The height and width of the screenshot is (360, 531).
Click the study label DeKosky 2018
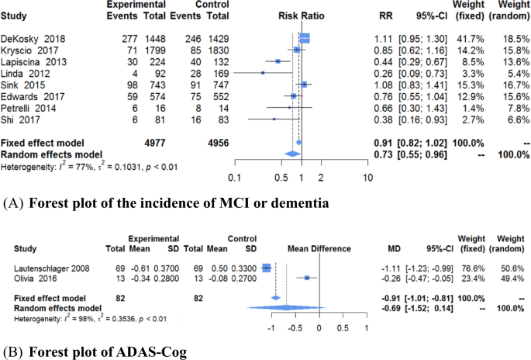click(x=29, y=36)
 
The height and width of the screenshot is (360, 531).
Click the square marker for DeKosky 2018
click(x=304, y=36)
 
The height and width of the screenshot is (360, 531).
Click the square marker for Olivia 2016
click(x=308, y=277)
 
